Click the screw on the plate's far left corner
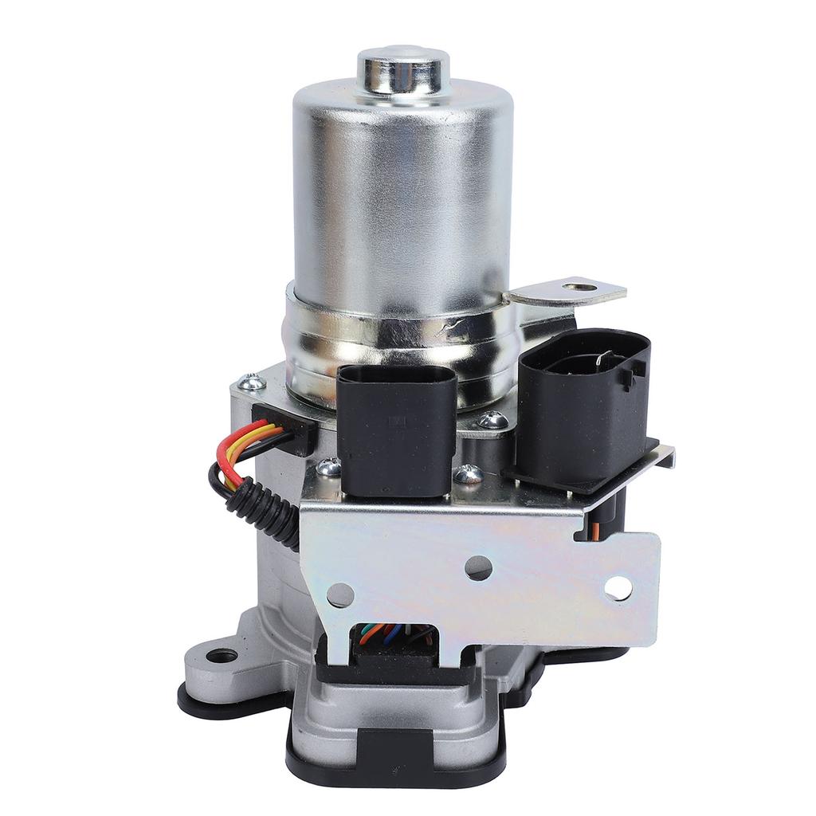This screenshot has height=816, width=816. [x=253, y=383]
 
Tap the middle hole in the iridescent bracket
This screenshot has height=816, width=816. [x=478, y=567]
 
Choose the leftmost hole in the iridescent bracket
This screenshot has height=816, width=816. [x=340, y=594]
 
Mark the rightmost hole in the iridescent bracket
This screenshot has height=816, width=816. [x=618, y=588]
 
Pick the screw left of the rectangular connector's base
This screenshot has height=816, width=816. [x=327, y=468]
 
